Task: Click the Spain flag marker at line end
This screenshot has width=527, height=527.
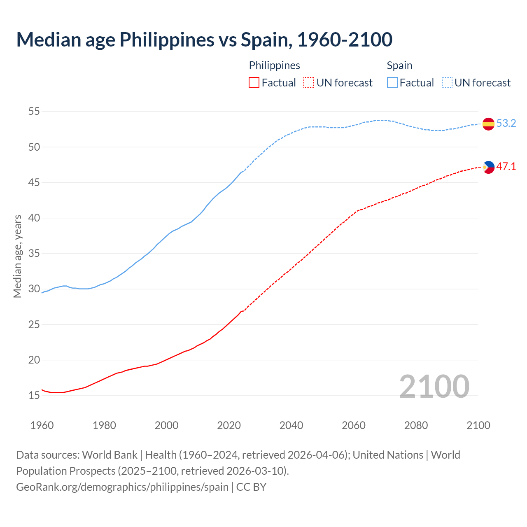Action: pyautogui.click(x=488, y=124)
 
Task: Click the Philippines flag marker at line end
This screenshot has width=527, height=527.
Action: pyautogui.click(x=488, y=167)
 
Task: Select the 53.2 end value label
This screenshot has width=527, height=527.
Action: pyautogui.click(x=506, y=124)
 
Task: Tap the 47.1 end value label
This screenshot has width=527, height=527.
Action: pyautogui.click(x=506, y=167)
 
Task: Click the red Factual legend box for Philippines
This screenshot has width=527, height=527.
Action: pyautogui.click(x=254, y=83)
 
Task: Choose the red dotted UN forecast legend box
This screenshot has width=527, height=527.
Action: pyautogui.click(x=309, y=83)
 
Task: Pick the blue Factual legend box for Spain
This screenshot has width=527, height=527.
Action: pyautogui.click(x=392, y=83)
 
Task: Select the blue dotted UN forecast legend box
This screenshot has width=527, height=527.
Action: pyautogui.click(x=447, y=83)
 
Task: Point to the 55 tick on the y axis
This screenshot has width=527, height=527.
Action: pyautogui.click(x=34, y=112)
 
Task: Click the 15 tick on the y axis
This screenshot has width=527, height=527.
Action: pyautogui.click(x=34, y=396)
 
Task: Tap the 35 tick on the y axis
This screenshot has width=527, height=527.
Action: pyautogui.click(x=34, y=254)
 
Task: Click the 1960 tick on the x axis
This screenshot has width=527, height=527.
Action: pyautogui.click(x=42, y=425)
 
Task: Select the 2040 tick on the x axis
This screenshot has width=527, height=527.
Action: pyautogui.click(x=291, y=425)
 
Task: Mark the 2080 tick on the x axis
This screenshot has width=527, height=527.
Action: pyautogui.click(x=416, y=425)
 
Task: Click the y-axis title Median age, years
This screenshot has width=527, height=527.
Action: pyautogui.click(x=17, y=256)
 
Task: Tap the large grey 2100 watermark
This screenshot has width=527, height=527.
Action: pyautogui.click(x=434, y=386)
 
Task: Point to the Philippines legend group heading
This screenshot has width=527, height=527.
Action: pyautogui.click(x=274, y=65)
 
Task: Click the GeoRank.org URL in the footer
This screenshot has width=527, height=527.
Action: pyautogui.click(x=122, y=487)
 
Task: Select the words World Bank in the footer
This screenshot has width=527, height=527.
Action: pyautogui.click(x=110, y=455)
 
